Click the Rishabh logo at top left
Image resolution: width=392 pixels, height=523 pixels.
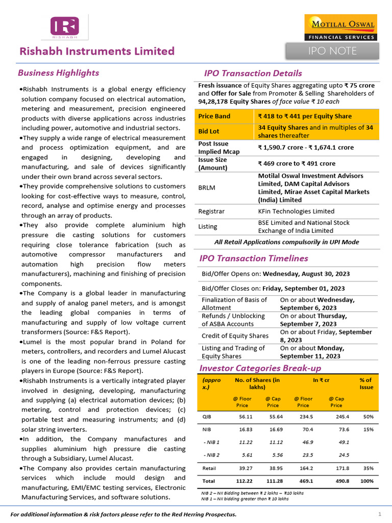[64, 28]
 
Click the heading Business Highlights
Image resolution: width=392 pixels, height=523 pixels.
[58, 73]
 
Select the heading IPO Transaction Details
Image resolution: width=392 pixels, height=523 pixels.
[253, 74]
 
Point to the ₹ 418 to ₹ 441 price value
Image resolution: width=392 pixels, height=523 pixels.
[305, 116]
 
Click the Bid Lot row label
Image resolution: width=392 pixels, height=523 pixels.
[209, 131]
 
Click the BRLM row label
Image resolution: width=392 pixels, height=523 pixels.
[207, 187]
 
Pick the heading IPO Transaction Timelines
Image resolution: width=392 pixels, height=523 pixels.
[254, 258]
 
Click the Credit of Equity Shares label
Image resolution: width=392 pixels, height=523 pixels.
[235, 336]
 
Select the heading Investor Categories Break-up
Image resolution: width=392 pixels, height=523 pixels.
[260, 368]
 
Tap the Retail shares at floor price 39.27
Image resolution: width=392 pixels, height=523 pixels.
[238, 468]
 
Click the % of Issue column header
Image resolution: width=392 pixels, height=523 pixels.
[366, 384]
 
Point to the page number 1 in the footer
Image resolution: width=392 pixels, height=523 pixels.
[380, 513]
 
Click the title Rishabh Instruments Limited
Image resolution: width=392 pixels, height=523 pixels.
[97, 51]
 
